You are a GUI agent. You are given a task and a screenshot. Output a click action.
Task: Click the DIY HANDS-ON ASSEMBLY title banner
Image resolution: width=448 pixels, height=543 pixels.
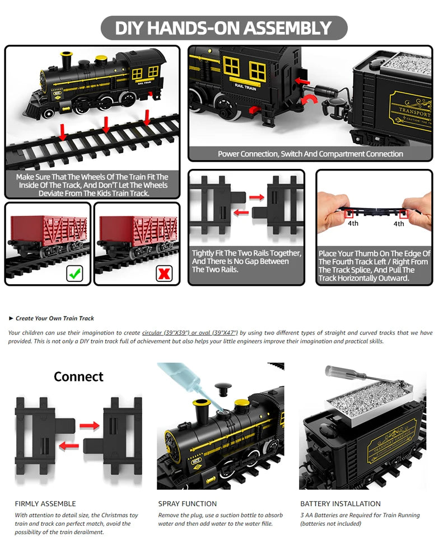pyautogui.click(x=223, y=28)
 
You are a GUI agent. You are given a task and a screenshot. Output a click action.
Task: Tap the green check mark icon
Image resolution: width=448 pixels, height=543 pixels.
pyautogui.click(x=74, y=273)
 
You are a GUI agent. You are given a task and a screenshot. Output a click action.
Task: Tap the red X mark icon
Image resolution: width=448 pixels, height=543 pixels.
pyautogui.click(x=164, y=273)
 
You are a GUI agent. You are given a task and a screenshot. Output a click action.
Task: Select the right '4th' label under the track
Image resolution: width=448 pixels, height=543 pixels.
pyautogui.click(x=398, y=224)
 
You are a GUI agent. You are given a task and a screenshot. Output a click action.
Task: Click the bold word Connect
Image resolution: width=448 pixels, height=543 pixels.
pyautogui.click(x=78, y=377)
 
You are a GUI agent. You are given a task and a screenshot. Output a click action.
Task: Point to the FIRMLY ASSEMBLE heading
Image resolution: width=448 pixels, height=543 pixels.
pyautogui.click(x=45, y=503)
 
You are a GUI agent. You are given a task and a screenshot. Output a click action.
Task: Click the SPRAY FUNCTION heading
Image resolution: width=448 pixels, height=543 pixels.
pyautogui.click(x=187, y=503)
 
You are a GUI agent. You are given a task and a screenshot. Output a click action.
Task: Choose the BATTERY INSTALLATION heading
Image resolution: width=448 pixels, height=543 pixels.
pyautogui.click(x=340, y=503)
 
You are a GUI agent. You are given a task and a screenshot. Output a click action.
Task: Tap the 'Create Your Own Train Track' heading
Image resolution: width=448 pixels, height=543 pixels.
pyautogui.click(x=54, y=318)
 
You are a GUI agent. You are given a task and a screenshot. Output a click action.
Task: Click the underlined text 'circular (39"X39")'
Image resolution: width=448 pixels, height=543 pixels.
pyautogui.click(x=167, y=333)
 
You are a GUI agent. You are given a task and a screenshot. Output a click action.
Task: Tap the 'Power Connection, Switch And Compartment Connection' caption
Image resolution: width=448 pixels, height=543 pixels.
pyautogui.click(x=310, y=154)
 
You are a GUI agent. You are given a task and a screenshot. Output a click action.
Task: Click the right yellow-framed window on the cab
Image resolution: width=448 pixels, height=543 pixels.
pyautogui.click(x=257, y=71)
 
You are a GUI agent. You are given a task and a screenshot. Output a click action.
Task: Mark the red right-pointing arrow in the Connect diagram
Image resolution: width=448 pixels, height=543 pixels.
pyautogui.click(x=89, y=426)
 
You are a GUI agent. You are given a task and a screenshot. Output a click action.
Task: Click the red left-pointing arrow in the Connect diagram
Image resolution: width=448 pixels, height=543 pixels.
pyautogui.click(x=69, y=446)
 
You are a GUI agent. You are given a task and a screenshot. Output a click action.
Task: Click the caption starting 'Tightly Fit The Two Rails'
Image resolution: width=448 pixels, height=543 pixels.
pyautogui.click(x=246, y=261)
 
